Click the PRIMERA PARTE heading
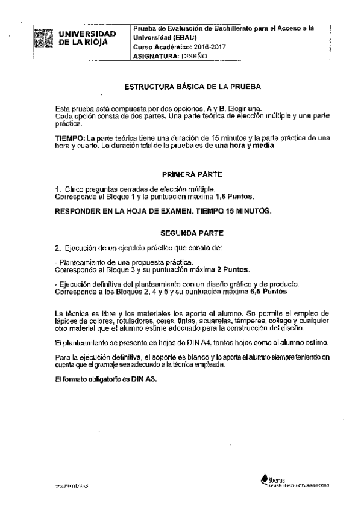tap(191, 174)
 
